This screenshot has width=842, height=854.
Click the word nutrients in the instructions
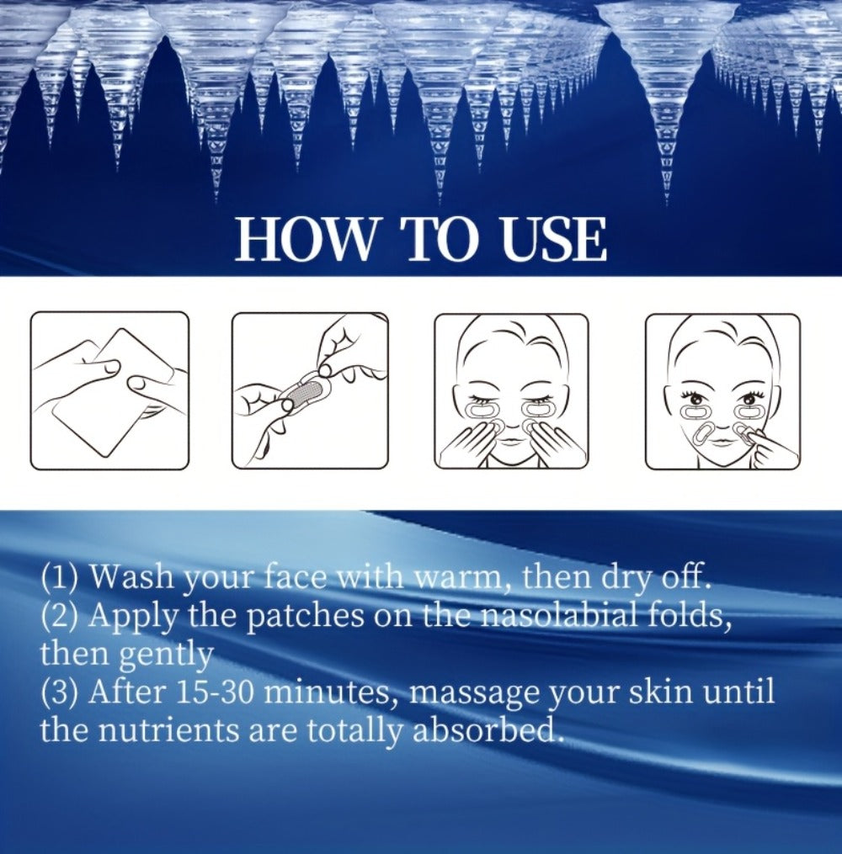(169, 730)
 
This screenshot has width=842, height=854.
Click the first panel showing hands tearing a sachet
(109, 390)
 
